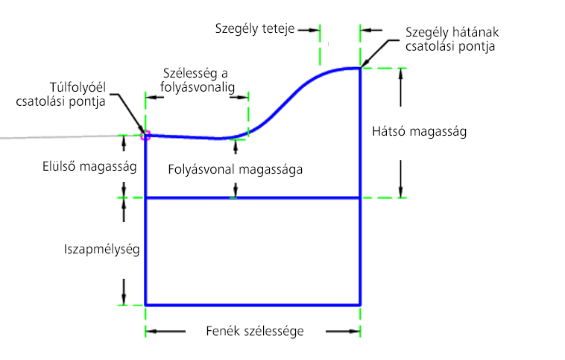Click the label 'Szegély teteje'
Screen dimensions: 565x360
coord(255,29)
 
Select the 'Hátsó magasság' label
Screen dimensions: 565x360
coord(419,131)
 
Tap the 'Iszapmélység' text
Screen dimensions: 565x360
coord(101,250)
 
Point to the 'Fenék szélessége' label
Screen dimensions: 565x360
coord(255,331)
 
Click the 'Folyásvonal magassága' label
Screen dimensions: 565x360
coord(236,169)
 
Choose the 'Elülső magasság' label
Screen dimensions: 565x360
coord(89,166)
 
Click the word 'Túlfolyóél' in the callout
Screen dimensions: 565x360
coord(78,87)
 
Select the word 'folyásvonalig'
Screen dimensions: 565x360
coord(198,87)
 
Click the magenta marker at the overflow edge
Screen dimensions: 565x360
coord(145,136)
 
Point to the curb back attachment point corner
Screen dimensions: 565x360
coord(360,68)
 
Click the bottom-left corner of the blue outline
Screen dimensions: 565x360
coord(145,305)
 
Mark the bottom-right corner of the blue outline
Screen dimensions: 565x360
coord(360,305)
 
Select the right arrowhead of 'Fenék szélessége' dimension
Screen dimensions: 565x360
coord(356,331)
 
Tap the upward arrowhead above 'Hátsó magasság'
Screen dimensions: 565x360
coord(401,72)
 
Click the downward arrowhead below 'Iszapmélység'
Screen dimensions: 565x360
coord(124,300)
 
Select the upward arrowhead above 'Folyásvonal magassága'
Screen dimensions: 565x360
coord(236,144)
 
